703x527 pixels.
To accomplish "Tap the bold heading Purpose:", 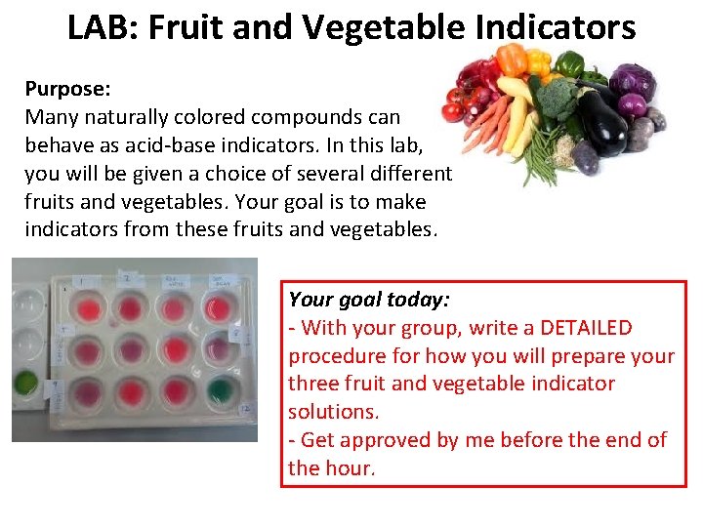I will click(66, 89).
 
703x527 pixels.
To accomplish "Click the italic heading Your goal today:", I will click(369, 300).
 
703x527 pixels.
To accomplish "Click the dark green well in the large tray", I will click(221, 390).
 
